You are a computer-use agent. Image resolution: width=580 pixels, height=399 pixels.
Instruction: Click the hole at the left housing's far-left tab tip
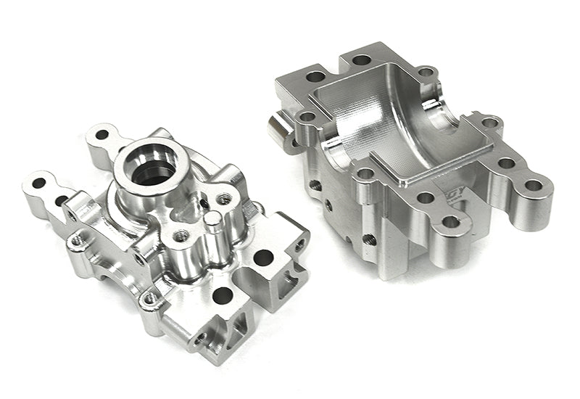(38, 183)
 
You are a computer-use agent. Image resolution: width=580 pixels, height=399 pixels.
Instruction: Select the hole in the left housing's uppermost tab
(102, 134)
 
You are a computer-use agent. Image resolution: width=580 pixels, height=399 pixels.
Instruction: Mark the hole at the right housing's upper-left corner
(315, 76)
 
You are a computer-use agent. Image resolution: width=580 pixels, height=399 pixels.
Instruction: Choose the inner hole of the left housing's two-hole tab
(62, 200)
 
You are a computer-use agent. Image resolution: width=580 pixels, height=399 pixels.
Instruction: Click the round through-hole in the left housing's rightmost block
(263, 257)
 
